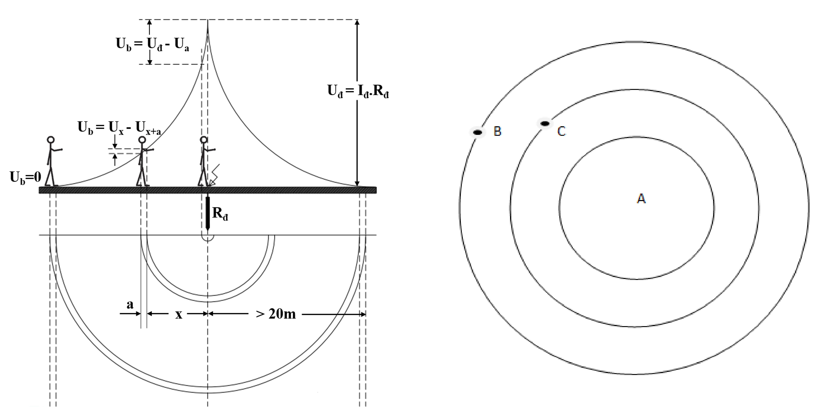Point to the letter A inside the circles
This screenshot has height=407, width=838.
pyautogui.click(x=641, y=198)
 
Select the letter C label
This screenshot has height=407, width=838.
pyautogui.click(x=562, y=131)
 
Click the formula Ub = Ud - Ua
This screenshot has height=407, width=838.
pyautogui.click(x=152, y=45)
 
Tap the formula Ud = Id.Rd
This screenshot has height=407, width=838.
pyautogui.click(x=358, y=91)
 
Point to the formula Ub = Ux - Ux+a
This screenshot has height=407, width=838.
pyautogui.click(x=119, y=128)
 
